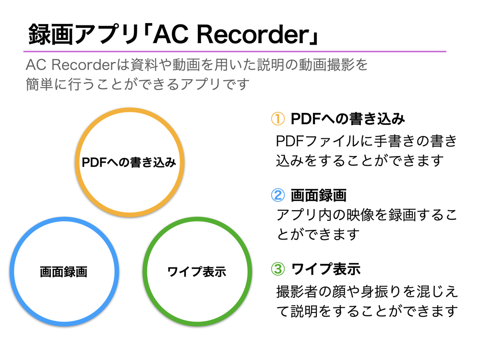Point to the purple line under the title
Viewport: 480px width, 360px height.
[x=235, y=51]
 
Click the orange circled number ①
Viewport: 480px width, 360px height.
[x=278, y=119]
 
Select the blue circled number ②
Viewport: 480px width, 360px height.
[x=278, y=195]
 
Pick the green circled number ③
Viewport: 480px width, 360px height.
[x=278, y=269]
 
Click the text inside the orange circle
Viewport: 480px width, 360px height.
[x=129, y=162]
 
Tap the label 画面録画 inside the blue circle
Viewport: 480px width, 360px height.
[x=64, y=272]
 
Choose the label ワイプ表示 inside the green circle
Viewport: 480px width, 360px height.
[x=197, y=272]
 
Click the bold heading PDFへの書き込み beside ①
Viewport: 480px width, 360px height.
[x=348, y=119]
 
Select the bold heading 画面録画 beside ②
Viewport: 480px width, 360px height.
[x=319, y=195]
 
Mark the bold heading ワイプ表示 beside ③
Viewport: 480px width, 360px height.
[x=326, y=269]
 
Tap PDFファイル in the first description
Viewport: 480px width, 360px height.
[x=317, y=141]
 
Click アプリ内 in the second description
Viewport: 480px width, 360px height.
[x=305, y=215]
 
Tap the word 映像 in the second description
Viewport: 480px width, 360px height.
[x=360, y=215]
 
